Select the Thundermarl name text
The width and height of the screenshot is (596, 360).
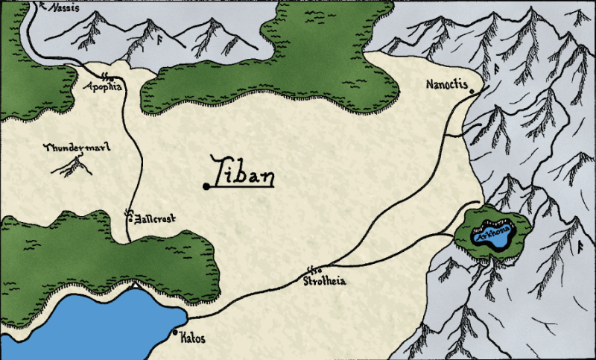(77, 148)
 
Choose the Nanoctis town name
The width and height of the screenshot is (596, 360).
(446, 84)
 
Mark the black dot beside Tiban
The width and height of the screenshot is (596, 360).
(206, 186)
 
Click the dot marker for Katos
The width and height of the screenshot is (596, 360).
(175, 332)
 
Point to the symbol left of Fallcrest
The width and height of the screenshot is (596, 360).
(129, 216)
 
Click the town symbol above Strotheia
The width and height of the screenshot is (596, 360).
(314, 270)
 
